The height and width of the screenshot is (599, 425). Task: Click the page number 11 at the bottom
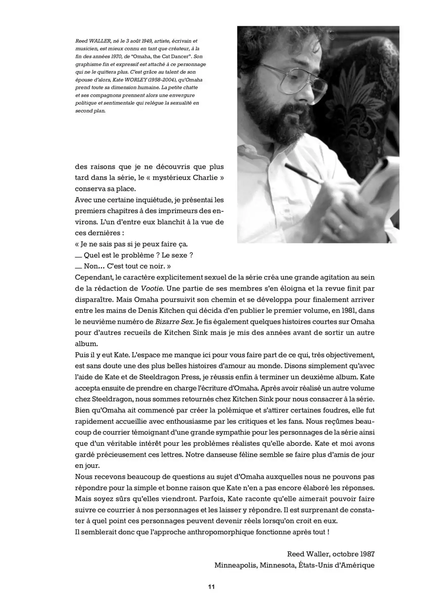pos(212,586)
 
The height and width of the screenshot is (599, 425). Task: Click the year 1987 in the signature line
pos(367,554)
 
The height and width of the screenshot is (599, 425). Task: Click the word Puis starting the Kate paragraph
pos(82,355)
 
